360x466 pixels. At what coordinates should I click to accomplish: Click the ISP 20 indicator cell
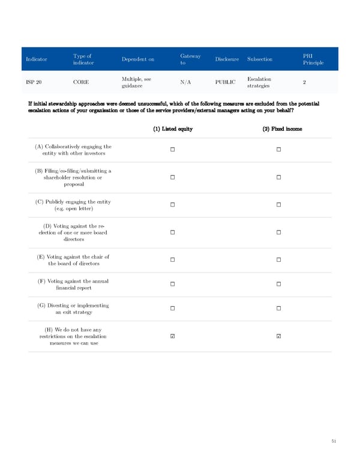tap(35, 82)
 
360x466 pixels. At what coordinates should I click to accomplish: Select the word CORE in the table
tap(82, 82)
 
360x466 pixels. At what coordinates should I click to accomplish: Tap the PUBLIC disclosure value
tap(226, 82)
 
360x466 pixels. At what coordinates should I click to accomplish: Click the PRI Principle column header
tap(313, 59)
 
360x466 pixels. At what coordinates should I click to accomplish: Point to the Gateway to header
tap(190, 59)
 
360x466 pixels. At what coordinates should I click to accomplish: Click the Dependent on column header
tap(137, 59)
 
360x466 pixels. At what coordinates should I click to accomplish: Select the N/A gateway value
tap(185, 82)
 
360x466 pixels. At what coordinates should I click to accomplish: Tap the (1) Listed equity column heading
tap(172, 129)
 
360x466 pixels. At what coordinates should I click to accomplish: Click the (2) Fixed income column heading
tap(279, 129)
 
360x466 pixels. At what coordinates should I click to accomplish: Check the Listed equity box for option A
tap(172, 150)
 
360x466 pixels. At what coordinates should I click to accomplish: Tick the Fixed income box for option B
tap(279, 177)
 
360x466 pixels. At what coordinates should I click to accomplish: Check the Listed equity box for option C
tap(172, 205)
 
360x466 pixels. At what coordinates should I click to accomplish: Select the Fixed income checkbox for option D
tap(279, 232)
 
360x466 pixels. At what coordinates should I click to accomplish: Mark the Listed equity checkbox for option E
tap(172, 260)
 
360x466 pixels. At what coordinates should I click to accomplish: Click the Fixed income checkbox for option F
tap(279, 284)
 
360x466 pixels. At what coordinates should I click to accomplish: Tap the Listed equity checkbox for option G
tap(172, 309)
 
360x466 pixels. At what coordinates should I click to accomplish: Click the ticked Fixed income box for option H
tap(279, 336)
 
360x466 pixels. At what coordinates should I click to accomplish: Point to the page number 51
tap(334, 441)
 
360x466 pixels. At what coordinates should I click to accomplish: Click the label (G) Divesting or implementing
tap(74, 305)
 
